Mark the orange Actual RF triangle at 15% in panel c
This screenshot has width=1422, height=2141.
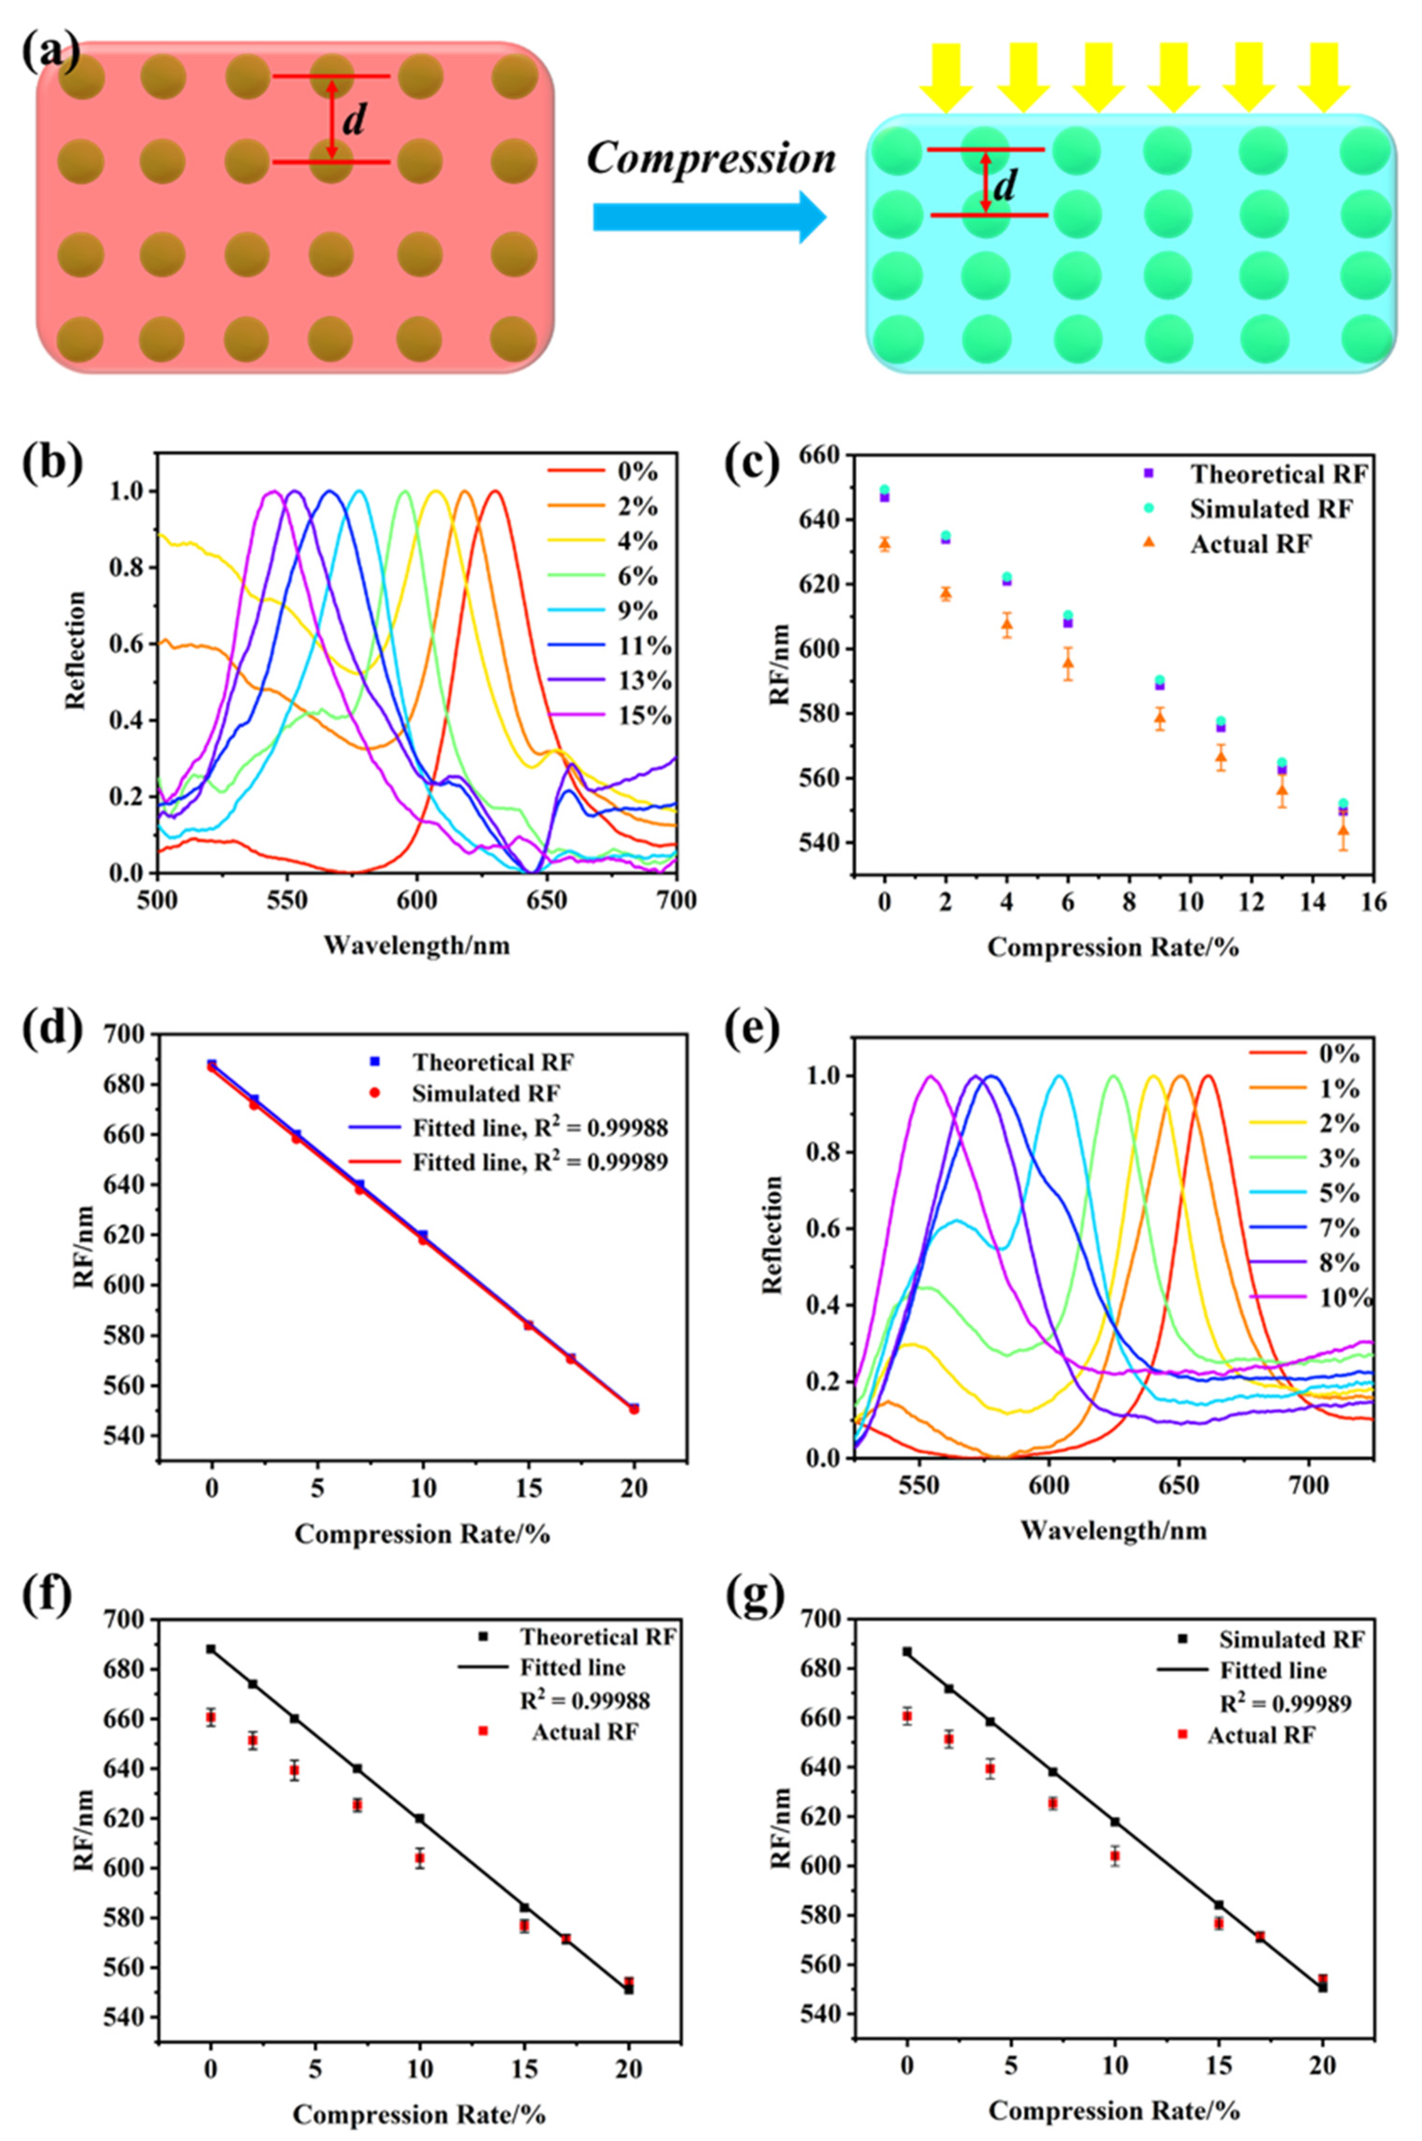(1343, 830)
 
